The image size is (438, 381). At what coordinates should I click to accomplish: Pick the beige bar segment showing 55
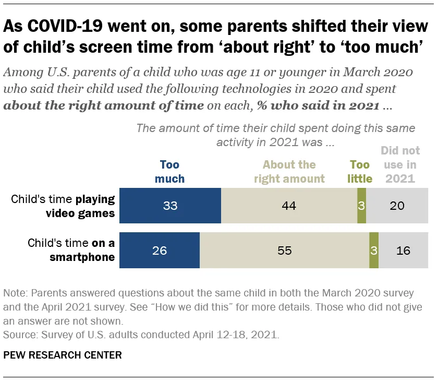[x=284, y=251]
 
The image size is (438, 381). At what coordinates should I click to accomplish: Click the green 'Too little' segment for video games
[x=361, y=206]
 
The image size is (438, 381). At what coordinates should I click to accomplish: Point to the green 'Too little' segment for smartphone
[x=373, y=251]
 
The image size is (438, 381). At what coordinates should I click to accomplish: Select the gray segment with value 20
[x=397, y=206]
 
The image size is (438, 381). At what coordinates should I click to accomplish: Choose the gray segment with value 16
[x=403, y=251]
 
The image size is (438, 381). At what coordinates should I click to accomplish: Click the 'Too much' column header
[x=169, y=172]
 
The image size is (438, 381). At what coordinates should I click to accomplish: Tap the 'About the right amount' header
[x=289, y=172]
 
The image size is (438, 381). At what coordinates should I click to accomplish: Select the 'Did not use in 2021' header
[x=400, y=165]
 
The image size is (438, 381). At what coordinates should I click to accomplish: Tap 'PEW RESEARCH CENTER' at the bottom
[x=63, y=355]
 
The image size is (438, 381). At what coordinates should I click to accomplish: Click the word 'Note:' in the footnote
[x=15, y=292]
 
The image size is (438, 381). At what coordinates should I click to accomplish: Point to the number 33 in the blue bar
[x=171, y=206]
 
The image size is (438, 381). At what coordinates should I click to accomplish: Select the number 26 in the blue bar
[x=160, y=251]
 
